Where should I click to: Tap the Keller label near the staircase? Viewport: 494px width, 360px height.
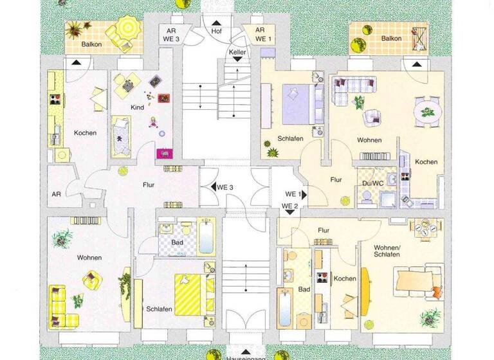[x=237, y=51]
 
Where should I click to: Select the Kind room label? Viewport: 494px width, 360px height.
[x=138, y=107]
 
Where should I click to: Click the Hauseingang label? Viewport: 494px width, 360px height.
[x=243, y=355]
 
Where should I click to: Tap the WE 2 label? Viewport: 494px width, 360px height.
[x=291, y=206]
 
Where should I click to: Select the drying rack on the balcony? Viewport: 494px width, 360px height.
[x=420, y=38]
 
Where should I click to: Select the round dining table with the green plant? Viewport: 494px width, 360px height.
[x=425, y=110]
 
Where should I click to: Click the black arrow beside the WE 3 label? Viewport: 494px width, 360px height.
[x=212, y=187]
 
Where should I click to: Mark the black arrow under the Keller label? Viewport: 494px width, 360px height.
[x=237, y=59]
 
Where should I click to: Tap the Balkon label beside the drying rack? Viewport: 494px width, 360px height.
[x=391, y=39]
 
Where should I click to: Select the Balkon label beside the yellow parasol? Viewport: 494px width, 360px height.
[x=92, y=44]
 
